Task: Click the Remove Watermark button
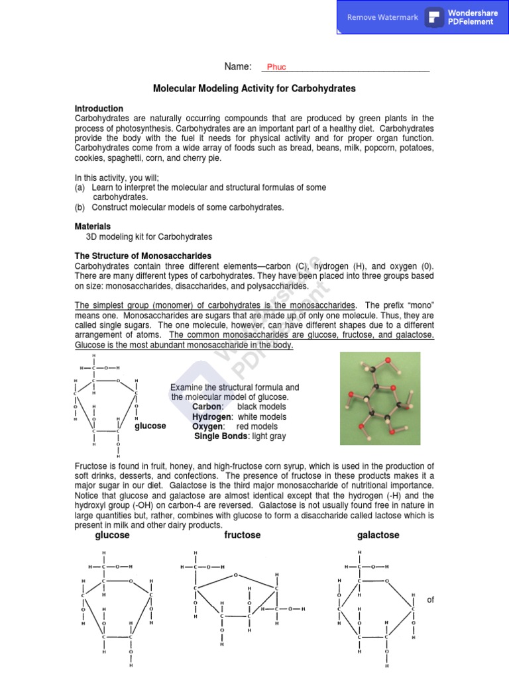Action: [382, 17]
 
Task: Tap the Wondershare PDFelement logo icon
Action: [435, 17]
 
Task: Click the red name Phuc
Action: [276, 67]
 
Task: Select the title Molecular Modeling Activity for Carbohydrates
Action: [254, 88]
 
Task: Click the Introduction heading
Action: [99, 109]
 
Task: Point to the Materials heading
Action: [92, 226]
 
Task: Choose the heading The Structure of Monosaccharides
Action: [142, 256]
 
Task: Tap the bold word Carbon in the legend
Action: [207, 407]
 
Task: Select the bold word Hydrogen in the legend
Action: [212, 417]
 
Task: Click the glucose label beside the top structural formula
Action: [150, 426]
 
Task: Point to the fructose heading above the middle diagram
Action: [243, 535]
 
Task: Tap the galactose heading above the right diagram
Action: [378, 535]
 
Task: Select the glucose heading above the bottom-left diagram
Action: [112, 535]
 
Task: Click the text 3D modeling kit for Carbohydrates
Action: [149, 236]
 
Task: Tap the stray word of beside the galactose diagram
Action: [431, 600]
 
